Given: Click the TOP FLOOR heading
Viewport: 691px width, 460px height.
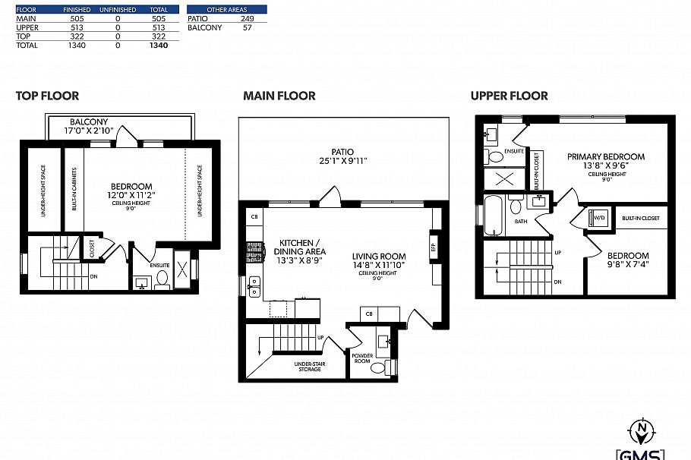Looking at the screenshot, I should pos(47,96).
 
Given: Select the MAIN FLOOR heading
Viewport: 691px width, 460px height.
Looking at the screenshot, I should pos(279,96).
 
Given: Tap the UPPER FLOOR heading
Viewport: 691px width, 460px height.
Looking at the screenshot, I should pos(509,96).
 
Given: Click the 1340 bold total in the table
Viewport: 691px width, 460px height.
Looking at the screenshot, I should pos(159,46).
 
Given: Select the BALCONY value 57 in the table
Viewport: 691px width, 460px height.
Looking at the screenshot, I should pos(247,27).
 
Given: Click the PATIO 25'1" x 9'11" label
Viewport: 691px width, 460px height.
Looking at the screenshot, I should pos(342,156).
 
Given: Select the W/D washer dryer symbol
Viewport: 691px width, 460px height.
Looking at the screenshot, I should pos(598,217).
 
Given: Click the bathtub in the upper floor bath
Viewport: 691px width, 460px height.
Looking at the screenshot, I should pos(492,215).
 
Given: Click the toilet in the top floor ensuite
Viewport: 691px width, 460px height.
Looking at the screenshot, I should pos(162,279).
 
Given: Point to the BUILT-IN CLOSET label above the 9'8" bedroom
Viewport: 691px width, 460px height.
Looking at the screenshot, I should pos(640,218).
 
